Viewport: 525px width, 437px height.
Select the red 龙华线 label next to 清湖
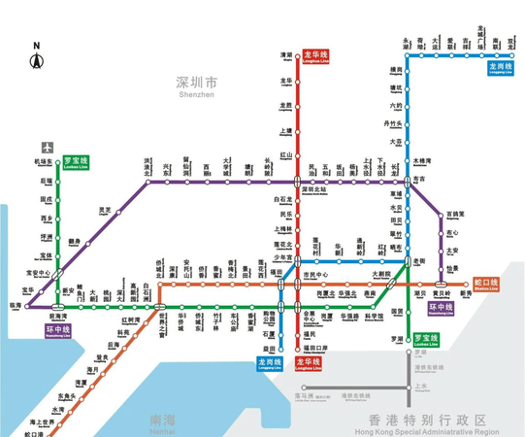pos(317,55)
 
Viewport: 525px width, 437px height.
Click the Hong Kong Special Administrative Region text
pos(420,421)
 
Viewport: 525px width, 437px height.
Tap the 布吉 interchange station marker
pos(409,181)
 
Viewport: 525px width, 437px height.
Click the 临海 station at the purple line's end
pos(16,304)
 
